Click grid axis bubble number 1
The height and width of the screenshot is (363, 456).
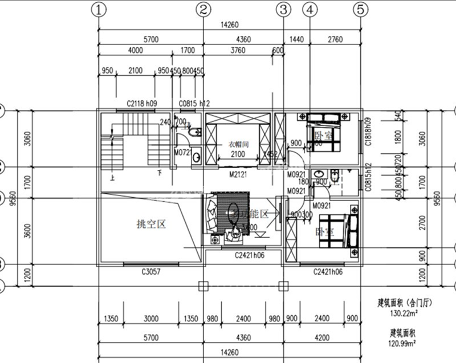(100, 9)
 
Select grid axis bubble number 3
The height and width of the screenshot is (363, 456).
(283, 9)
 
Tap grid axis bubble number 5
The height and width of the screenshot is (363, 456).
(361, 9)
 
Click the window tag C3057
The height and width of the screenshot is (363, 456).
(150, 272)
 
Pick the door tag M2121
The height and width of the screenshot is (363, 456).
(237, 173)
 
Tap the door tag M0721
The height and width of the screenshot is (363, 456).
(182, 153)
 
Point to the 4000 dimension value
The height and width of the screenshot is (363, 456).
(135, 50)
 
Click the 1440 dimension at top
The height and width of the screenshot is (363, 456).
(296, 39)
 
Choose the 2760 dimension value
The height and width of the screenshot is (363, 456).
(335, 39)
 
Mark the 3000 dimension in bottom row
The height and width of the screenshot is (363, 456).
(151, 318)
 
